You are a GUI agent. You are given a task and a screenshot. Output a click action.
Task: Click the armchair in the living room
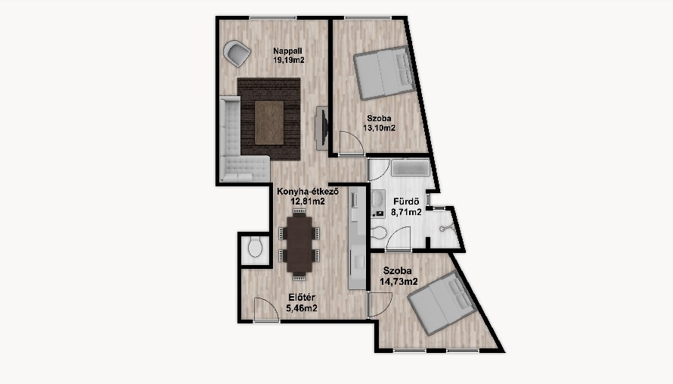coord(237,53)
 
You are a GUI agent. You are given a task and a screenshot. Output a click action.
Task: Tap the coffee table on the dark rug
coord(269,123)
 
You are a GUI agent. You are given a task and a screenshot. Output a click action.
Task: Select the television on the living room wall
coord(321,128)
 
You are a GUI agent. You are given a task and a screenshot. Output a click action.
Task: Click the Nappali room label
coord(287,52)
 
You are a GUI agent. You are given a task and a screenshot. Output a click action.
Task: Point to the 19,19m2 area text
coord(289,60)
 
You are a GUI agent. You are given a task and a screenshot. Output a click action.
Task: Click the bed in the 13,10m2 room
coord(383,72)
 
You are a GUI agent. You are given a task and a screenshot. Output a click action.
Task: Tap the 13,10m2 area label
coord(379,128)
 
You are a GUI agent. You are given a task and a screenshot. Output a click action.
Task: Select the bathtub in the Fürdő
coord(411,167)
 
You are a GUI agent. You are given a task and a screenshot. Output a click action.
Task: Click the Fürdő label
coord(406,201)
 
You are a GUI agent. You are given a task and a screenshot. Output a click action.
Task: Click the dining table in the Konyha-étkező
coord(299,244)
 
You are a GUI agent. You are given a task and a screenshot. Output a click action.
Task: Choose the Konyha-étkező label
coord(308,192)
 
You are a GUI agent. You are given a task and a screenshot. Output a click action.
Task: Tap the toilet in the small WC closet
coord(256,247)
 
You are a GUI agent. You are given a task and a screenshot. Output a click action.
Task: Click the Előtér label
coord(302,297)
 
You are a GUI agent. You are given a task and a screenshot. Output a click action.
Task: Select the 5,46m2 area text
coord(302,308)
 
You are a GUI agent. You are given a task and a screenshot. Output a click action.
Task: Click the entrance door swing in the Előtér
coord(266,309)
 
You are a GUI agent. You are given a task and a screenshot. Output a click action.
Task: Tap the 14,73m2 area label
coord(399,282)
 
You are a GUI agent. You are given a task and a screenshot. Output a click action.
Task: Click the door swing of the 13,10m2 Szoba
coord(352,142)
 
